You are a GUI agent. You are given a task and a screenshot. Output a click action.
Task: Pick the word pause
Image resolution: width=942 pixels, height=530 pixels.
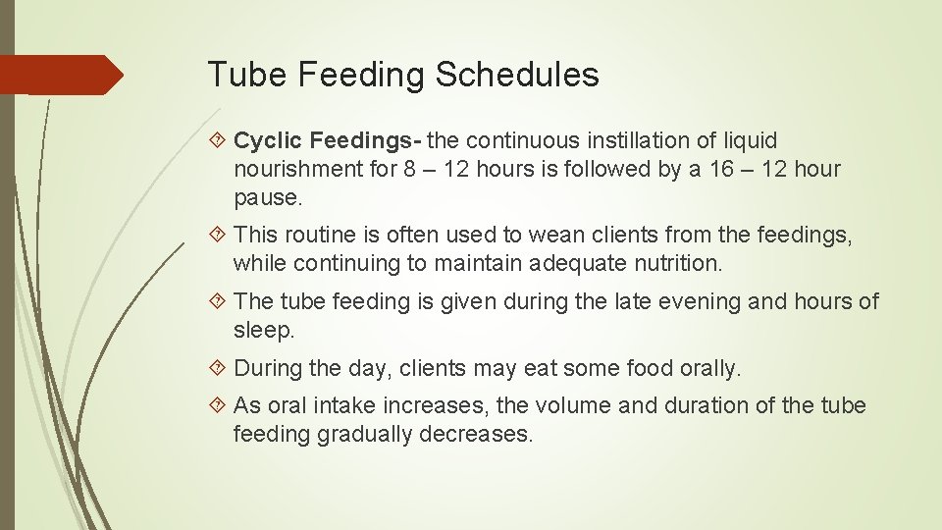(x=266, y=197)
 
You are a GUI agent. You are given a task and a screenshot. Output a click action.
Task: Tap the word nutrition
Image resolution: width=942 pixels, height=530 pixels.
(x=674, y=263)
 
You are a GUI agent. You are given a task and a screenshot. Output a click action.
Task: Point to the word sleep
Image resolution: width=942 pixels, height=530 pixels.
(x=263, y=330)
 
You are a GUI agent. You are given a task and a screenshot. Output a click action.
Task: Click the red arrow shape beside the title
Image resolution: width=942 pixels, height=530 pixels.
(x=61, y=75)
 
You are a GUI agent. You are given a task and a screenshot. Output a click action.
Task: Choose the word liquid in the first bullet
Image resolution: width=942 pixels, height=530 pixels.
(x=749, y=141)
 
